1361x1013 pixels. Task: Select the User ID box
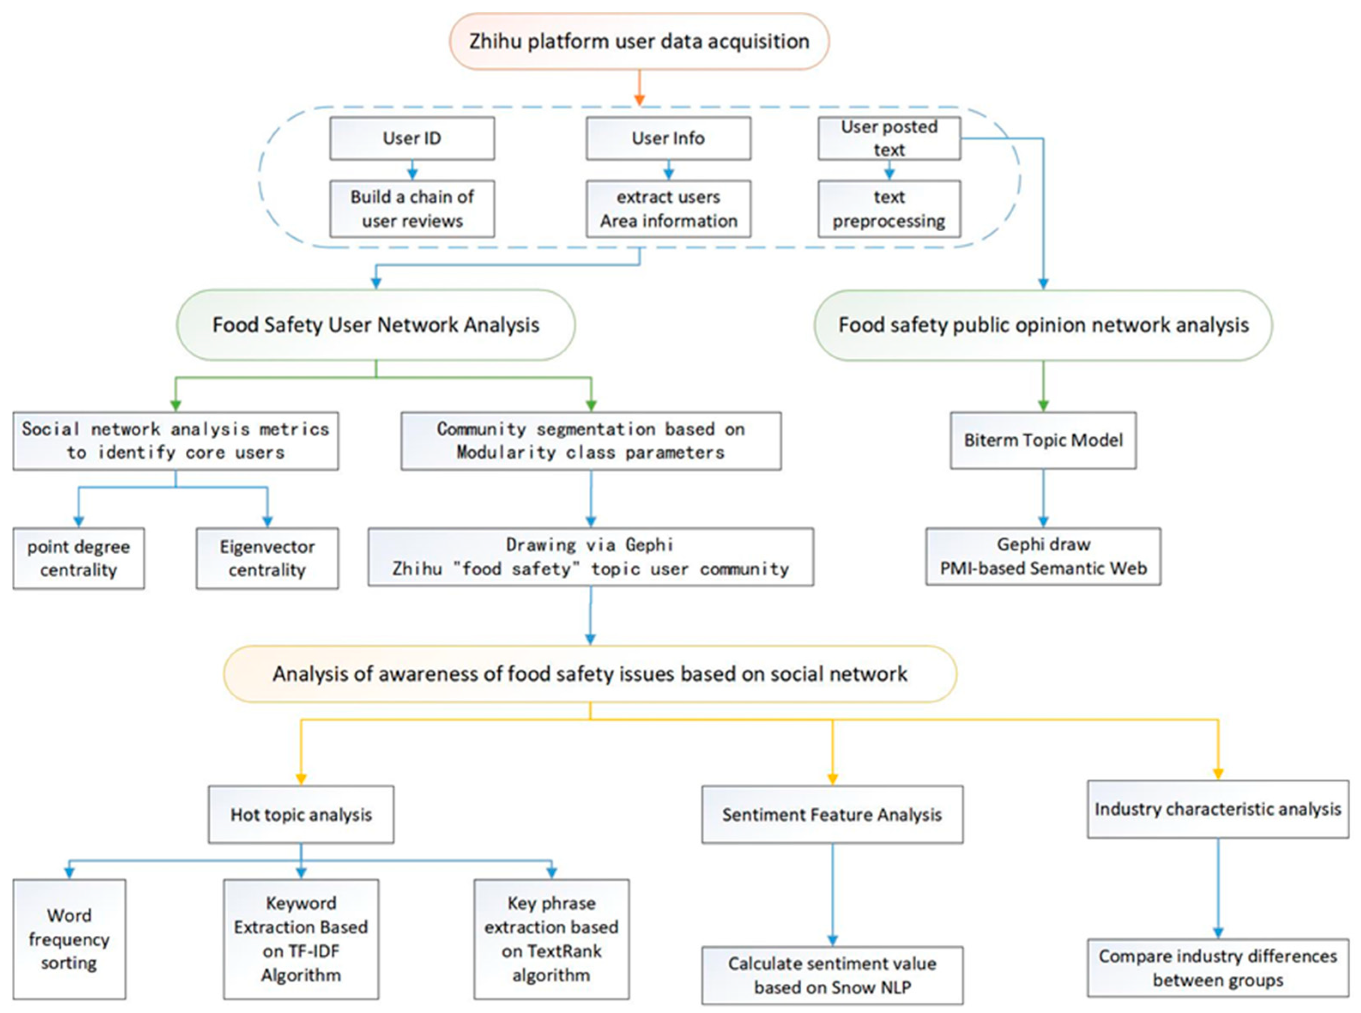[412, 139]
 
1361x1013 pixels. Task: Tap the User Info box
[668, 139]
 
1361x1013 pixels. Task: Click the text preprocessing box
[889, 209]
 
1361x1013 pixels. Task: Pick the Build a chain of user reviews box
[412, 209]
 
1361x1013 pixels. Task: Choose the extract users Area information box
[668, 209]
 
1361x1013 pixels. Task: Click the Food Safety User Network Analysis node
[376, 325]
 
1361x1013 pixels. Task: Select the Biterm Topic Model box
[1043, 440]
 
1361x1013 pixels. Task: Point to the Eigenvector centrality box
[267, 558]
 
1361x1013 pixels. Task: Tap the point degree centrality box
[78, 558]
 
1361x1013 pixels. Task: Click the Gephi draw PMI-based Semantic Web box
[1043, 556]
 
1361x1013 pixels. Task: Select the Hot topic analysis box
[301, 814]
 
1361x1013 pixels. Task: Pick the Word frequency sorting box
[69, 939]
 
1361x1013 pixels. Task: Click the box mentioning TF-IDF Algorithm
[301, 939]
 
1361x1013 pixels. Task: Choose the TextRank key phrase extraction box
[551, 939]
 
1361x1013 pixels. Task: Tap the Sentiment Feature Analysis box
[832, 814]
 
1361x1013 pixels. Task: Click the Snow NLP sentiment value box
[832, 975]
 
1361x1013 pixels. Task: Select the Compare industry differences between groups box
[1218, 968]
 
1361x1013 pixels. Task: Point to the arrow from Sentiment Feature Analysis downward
[832, 895]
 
